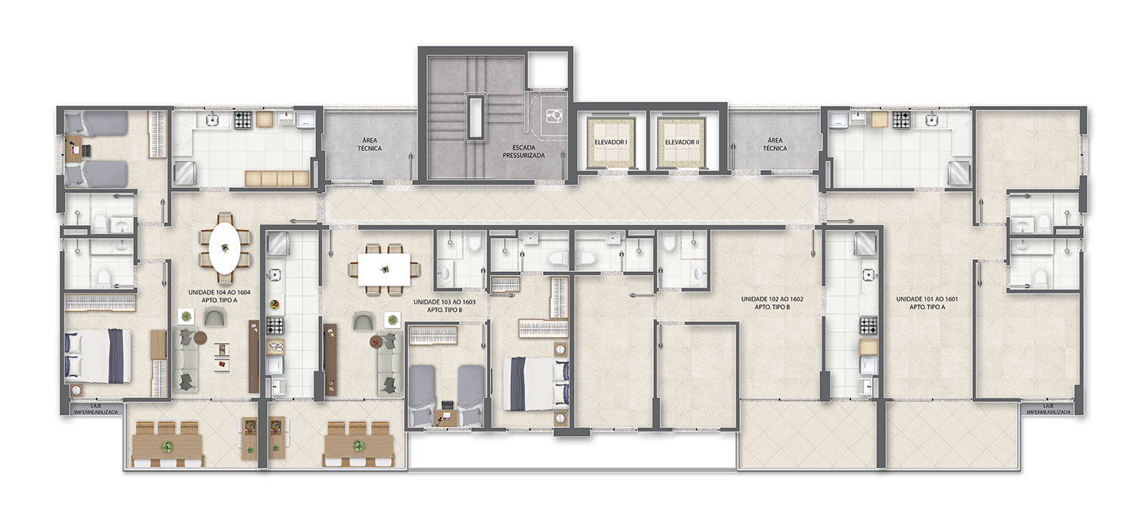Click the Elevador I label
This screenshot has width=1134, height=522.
(611, 143)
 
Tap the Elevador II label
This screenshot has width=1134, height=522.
(682, 143)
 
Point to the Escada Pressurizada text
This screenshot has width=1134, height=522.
(524, 152)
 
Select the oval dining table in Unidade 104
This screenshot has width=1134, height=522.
(225, 249)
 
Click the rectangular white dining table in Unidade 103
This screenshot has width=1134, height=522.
(384, 269)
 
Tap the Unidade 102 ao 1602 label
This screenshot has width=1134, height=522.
(772, 303)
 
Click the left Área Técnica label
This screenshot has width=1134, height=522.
(370, 144)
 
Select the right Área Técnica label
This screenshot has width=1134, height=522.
(775, 144)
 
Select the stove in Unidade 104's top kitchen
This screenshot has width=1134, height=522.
(243, 120)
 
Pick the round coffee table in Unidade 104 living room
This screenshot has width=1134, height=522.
(201, 337)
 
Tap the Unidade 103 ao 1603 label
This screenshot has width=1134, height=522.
(444, 306)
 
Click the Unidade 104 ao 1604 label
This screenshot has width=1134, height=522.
(219, 296)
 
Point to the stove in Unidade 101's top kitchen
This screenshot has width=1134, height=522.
(900, 120)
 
